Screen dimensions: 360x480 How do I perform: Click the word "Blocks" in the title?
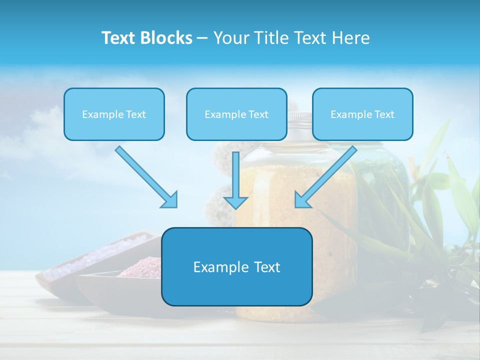[x=167, y=38]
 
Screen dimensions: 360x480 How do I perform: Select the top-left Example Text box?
[x=114, y=114]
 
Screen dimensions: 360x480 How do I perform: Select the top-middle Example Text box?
[x=236, y=114]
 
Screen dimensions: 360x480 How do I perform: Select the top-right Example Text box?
[x=362, y=114]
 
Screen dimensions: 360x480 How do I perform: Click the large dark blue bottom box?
[x=236, y=266]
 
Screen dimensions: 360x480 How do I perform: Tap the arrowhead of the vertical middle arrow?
[x=235, y=202]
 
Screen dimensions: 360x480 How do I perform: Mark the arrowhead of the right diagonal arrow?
[x=301, y=200]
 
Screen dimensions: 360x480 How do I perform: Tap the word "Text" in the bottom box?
[x=265, y=267]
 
